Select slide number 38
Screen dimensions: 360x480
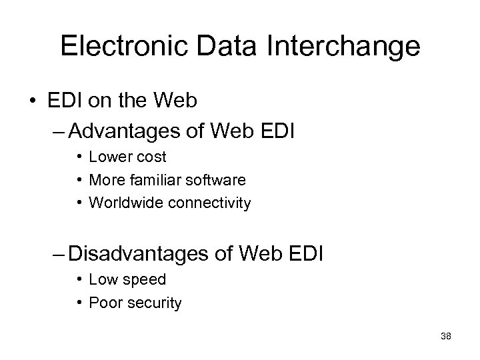click(x=446, y=337)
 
